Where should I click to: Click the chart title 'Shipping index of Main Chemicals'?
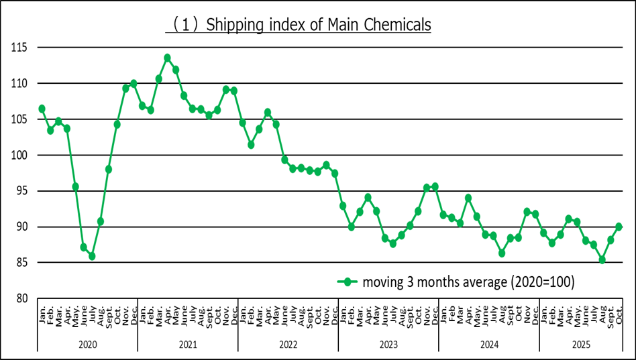(x=298, y=25)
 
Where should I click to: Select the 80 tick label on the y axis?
(x=21, y=298)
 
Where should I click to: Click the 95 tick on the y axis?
(x=21, y=191)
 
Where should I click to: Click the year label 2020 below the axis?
(x=87, y=343)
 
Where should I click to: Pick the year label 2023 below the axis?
(x=388, y=343)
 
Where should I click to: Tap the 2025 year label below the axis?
(x=581, y=343)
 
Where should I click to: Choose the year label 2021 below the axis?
(x=188, y=343)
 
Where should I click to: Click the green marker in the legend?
(x=347, y=282)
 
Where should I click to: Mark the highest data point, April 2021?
(x=167, y=58)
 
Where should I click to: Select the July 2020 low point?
(x=92, y=256)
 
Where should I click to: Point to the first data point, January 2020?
(x=42, y=109)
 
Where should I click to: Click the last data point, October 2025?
(x=619, y=227)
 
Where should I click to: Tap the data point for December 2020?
(x=134, y=84)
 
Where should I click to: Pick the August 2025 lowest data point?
(x=602, y=259)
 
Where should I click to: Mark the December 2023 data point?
(x=435, y=186)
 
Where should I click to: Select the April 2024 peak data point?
(x=468, y=198)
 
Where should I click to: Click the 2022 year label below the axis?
(x=288, y=343)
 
